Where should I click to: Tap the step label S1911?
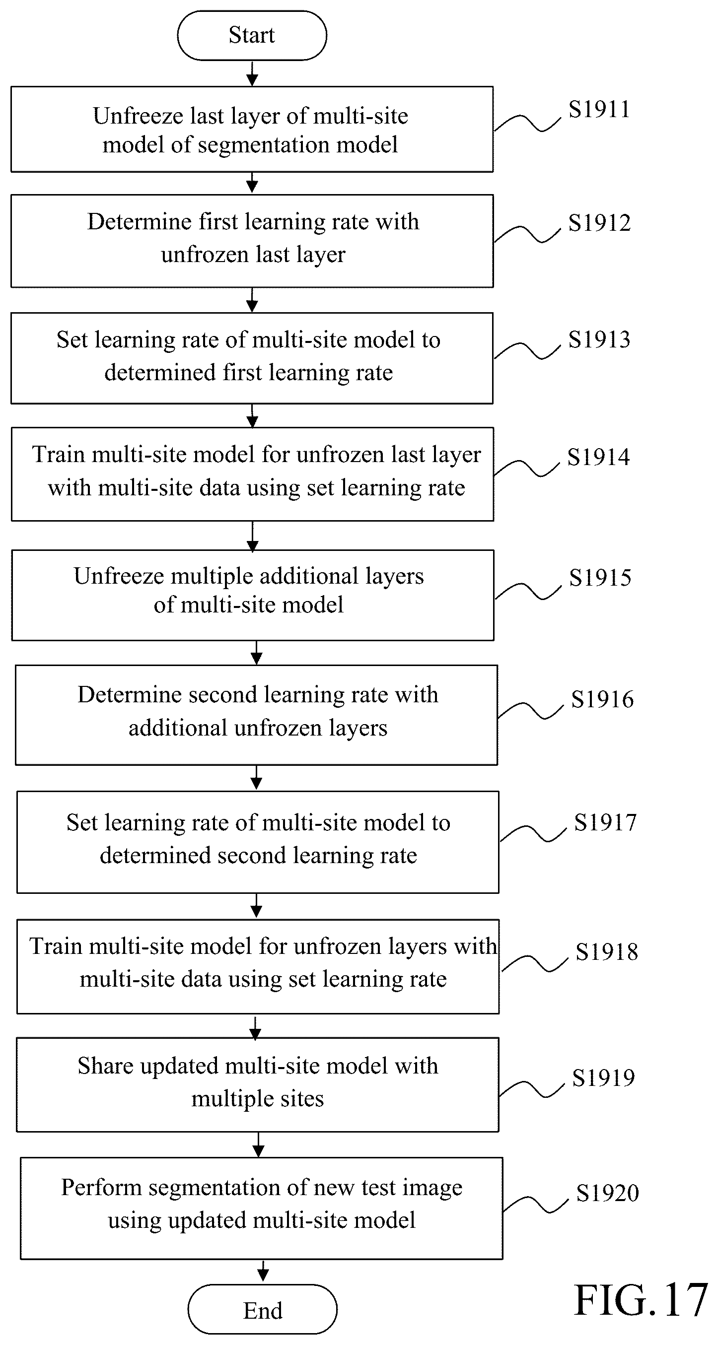tap(599, 110)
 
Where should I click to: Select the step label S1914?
tap(598, 457)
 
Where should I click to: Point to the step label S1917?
tap(605, 822)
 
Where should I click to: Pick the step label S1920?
tap(607, 1193)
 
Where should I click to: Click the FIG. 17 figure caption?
tap(641, 1301)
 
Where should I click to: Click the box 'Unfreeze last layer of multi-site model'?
tap(252, 130)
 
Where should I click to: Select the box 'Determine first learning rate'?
tap(252, 241)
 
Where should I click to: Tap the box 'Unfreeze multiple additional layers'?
tap(253, 595)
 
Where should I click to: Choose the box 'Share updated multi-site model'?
tap(257, 1084)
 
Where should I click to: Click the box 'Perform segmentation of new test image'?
tap(262, 1208)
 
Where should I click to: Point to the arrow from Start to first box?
tap(252, 73)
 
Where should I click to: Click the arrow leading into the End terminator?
tap(263, 1272)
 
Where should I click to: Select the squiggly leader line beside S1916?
tap(530, 711)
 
